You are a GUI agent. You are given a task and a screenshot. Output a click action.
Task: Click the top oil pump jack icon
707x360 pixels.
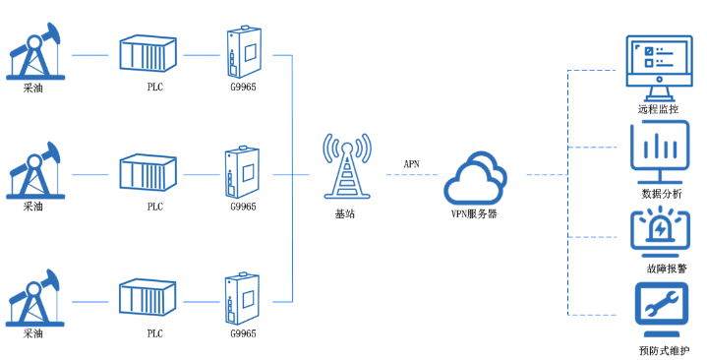point(33,53)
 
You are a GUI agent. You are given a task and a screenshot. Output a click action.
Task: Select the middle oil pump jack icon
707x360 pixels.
point(33,173)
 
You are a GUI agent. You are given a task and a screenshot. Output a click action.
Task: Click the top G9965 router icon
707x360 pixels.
point(243,52)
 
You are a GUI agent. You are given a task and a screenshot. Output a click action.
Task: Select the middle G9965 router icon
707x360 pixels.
point(243,173)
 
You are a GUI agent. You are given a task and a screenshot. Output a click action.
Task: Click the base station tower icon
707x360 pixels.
point(348,168)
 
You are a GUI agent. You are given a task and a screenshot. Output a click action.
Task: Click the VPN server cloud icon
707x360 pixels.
point(475,177)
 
